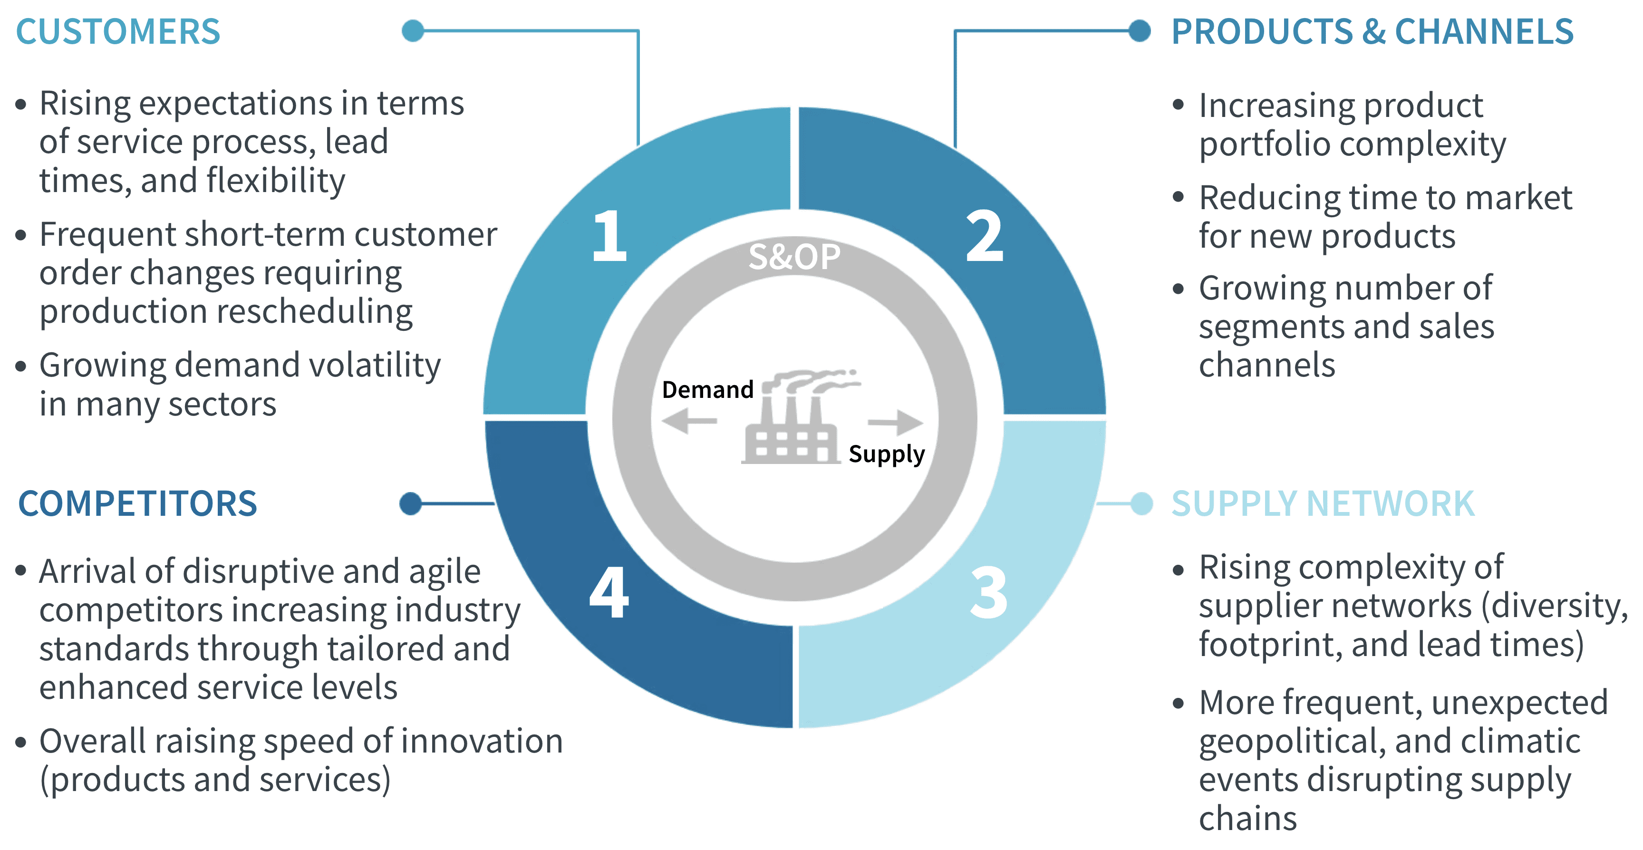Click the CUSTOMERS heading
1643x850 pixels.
point(118,32)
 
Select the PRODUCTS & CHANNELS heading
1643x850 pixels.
point(1372,32)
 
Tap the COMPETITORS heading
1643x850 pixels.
point(137,504)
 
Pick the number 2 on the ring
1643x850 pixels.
point(984,237)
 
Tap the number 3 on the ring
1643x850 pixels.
point(989,593)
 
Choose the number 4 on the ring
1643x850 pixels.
point(609,593)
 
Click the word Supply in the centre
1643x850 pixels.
point(886,454)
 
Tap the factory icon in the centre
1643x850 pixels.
point(794,421)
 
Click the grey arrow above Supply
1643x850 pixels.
point(896,422)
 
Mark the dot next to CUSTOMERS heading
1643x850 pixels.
point(413,30)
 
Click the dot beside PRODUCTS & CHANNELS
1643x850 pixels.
point(1139,30)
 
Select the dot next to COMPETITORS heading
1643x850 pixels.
point(411,504)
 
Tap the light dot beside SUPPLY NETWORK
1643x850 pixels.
point(1141,504)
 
